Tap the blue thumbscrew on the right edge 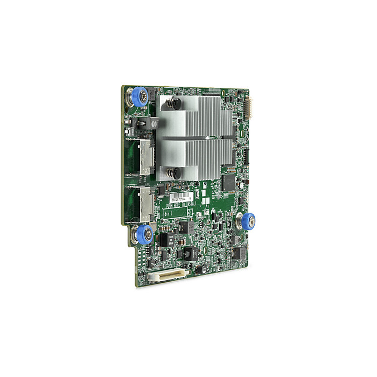248,221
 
